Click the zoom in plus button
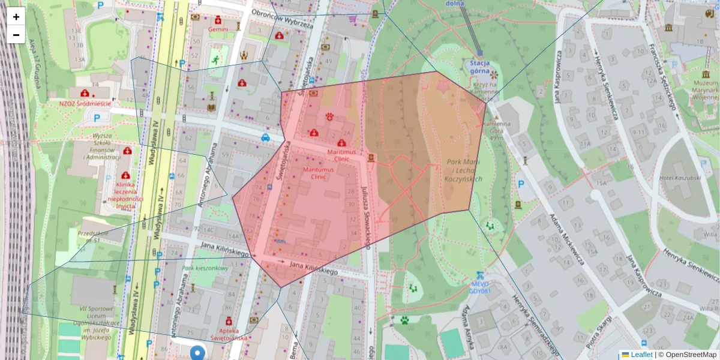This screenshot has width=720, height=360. (16, 17)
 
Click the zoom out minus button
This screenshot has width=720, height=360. (16, 35)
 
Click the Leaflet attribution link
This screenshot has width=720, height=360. (641, 355)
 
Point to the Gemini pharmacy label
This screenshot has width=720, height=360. (218, 29)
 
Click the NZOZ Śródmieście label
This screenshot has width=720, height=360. (85, 103)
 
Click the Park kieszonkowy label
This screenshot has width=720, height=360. (205, 268)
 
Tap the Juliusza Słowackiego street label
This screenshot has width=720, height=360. (365, 216)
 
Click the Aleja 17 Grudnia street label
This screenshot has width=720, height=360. (34, 67)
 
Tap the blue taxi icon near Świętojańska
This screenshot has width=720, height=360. (265, 137)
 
